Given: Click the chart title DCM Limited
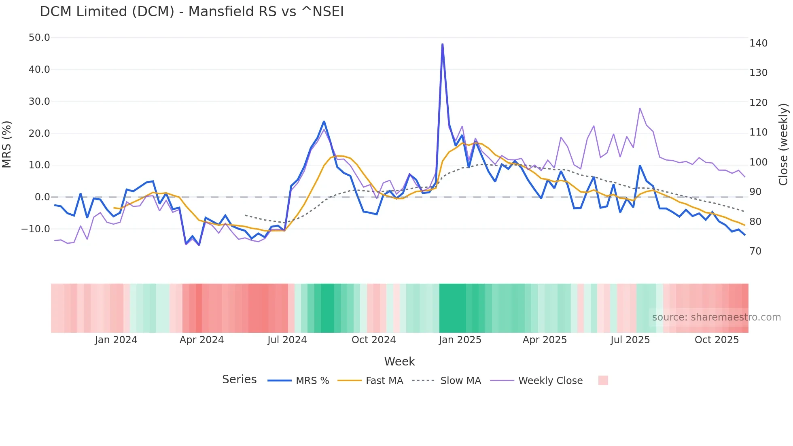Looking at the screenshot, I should pyautogui.click(x=191, y=12).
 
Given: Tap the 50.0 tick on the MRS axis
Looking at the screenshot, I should pyautogui.click(x=39, y=38).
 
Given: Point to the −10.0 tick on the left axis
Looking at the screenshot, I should pyautogui.click(x=36, y=229).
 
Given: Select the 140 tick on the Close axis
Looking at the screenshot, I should pyautogui.click(x=758, y=43).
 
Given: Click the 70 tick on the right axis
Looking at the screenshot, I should pyautogui.click(x=755, y=251).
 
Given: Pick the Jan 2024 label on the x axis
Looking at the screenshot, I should pyautogui.click(x=116, y=340).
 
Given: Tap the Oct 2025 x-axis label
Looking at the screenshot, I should pyautogui.click(x=717, y=340).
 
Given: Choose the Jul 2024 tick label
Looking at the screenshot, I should pyautogui.click(x=287, y=340).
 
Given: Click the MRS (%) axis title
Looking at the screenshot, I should pyautogui.click(x=6, y=144).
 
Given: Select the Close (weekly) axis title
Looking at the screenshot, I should pyautogui.click(x=783, y=144).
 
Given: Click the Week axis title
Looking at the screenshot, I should pyautogui.click(x=399, y=361).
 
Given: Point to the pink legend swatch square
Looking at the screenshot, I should pyautogui.click(x=603, y=380).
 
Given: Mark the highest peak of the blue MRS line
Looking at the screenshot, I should pyautogui.click(x=443, y=44).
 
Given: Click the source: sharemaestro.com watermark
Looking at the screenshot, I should pyautogui.click(x=716, y=317).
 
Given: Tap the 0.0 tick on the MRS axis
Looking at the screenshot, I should pyautogui.click(x=42, y=197).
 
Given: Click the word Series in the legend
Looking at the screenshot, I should pyautogui.click(x=239, y=380).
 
